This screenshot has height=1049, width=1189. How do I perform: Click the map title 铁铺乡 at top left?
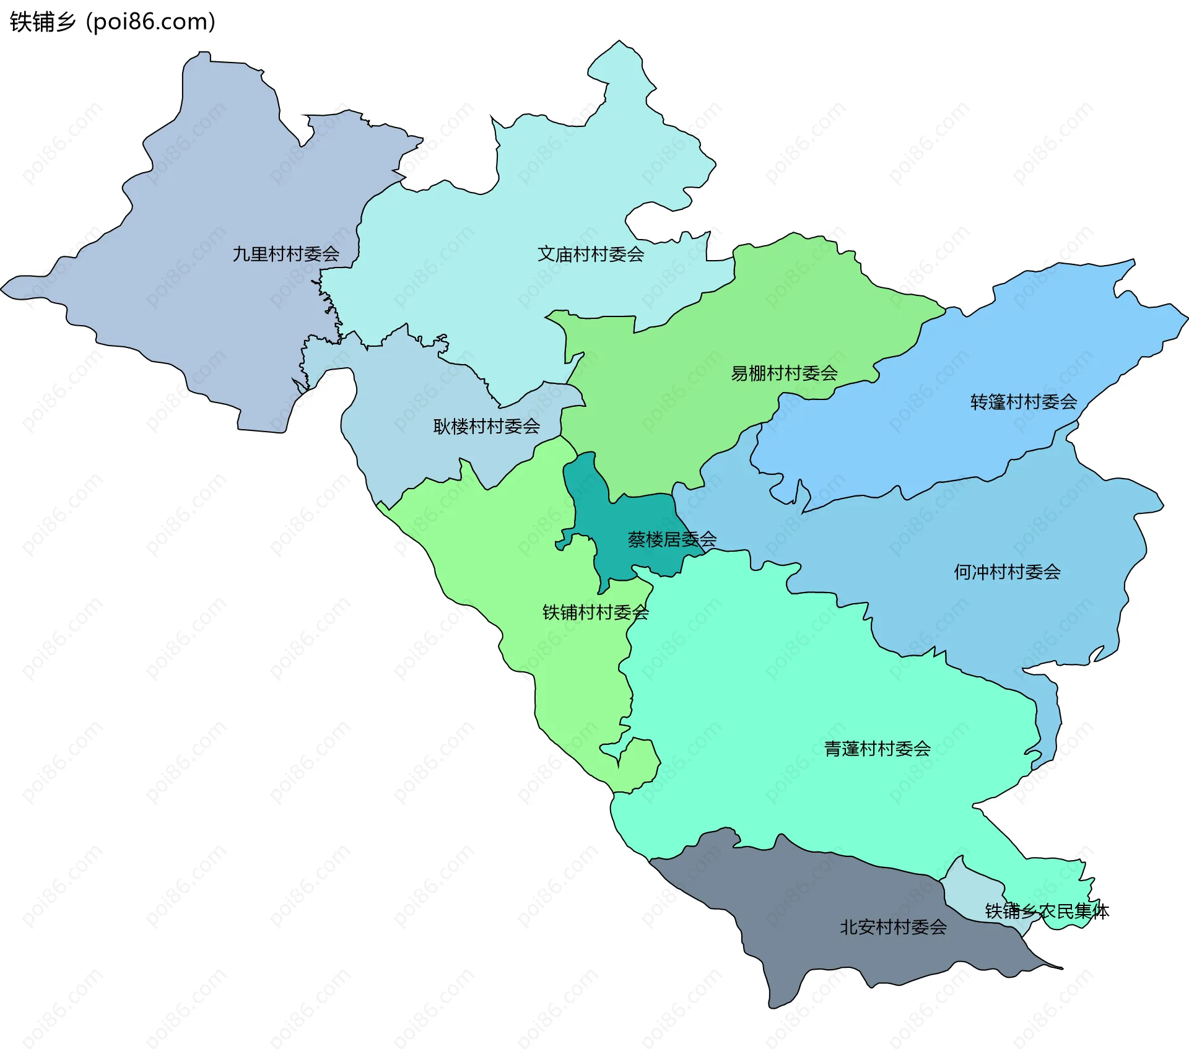(x=42, y=22)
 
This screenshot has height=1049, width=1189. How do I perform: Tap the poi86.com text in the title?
(x=150, y=22)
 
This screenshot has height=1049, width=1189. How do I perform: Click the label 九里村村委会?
(x=285, y=254)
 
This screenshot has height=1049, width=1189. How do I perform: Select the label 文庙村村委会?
(x=590, y=254)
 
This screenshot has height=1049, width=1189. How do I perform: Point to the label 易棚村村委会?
(x=784, y=373)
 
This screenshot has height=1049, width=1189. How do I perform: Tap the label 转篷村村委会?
(x=1023, y=402)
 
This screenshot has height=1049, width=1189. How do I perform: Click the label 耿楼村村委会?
(x=486, y=426)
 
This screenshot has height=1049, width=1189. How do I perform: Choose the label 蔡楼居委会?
(x=672, y=539)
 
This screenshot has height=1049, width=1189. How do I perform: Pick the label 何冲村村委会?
(x=1006, y=572)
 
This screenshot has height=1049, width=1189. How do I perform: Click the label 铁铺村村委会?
(x=595, y=612)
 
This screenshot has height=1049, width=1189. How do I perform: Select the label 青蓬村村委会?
(x=877, y=749)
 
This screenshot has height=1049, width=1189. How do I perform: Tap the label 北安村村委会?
(x=893, y=927)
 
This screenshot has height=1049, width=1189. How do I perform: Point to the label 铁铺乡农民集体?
(x=1047, y=912)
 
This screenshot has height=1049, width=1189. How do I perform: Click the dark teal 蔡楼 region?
(x=619, y=545)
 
